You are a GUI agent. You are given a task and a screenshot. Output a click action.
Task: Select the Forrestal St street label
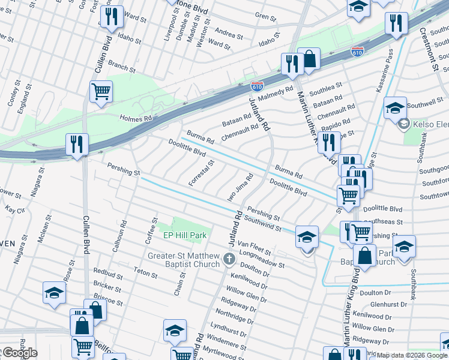[202, 173]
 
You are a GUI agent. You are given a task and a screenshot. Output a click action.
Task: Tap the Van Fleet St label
[251, 244]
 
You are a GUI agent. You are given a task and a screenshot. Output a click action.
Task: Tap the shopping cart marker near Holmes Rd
[101, 91]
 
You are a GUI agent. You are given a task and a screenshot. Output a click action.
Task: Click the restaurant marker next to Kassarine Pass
[396, 23]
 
